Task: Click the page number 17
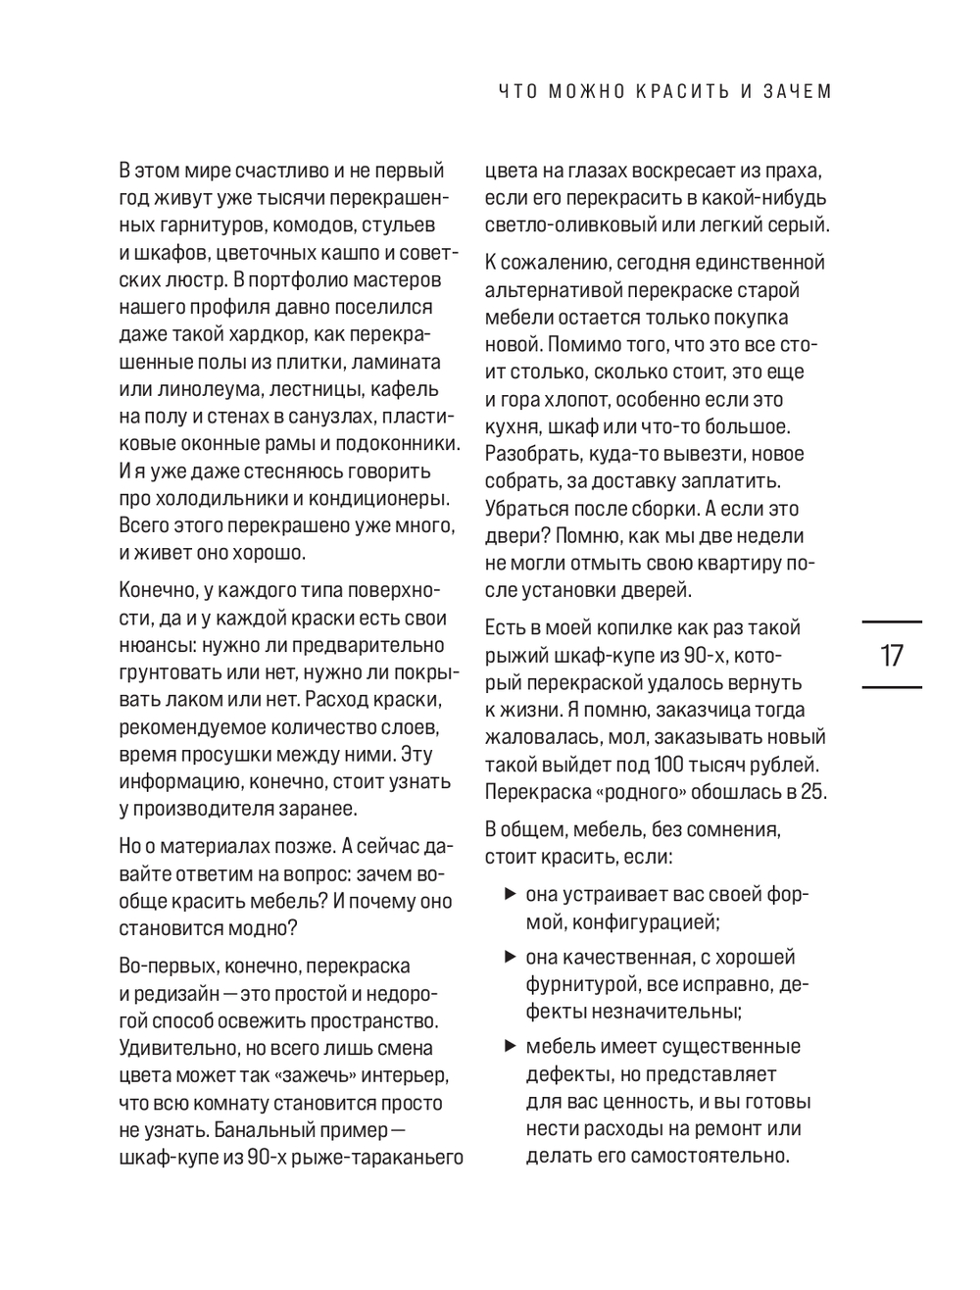[891, 655]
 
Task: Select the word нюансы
[151, 646]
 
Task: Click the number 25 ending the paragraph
[813, 791]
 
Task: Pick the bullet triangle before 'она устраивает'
[510, 894]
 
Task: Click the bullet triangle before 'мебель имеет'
[510, 1046]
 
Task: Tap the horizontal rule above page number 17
[891, 621]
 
